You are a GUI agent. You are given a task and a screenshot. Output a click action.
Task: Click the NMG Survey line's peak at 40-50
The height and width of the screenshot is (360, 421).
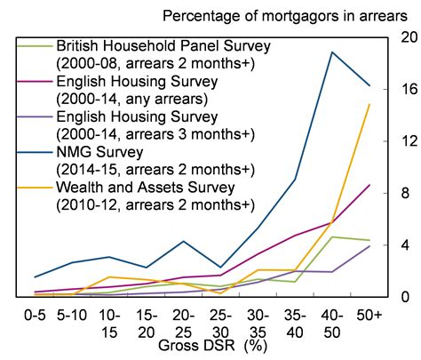(332, 52)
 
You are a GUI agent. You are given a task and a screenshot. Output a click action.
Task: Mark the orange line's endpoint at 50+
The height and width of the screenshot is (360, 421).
(369, 105)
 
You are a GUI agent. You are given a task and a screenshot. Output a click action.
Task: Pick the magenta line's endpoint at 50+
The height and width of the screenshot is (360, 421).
(369, 185)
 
